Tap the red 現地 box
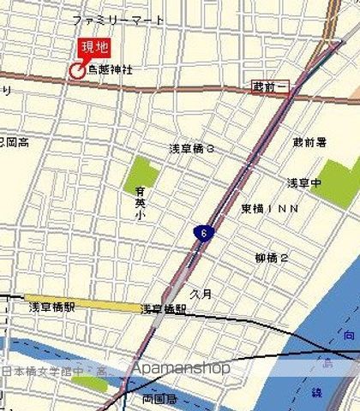coord(94,47)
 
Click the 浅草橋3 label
coord(191,148)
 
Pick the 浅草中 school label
coord(303,182)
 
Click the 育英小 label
coord(140,205)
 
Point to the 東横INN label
coord(269,208)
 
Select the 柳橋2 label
coord(272,257)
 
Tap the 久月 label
coord(200,292)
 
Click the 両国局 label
coord(159,399)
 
